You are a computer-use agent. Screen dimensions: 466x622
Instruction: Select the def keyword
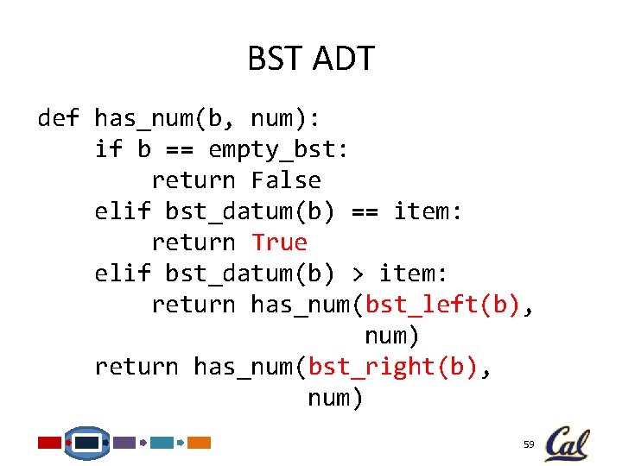coord(59,118)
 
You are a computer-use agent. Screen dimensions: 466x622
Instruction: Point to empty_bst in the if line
coord(278,149)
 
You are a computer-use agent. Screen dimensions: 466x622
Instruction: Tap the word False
coord(286,180)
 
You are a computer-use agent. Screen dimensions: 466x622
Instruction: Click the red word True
coord(279,242)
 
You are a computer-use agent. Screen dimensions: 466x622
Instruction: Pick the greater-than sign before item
coord(358,274)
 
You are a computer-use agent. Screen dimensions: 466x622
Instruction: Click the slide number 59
coord(529,444)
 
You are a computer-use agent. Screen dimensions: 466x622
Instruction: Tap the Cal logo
coord(567,444)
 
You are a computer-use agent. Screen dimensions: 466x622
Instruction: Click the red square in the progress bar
coord(50,443)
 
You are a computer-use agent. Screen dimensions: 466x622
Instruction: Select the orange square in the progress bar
coord(200,443)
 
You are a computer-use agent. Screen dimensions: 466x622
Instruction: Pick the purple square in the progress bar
coord(124,443)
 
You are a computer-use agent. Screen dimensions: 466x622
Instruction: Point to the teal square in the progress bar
coord(162,443)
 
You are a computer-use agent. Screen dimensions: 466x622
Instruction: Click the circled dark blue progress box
coord(87,443)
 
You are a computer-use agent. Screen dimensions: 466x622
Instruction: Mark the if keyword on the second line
coord(108,149)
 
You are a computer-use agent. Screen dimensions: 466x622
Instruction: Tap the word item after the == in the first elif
coord(428,211)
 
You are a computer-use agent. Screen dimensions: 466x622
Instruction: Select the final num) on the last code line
coord(336,398)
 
